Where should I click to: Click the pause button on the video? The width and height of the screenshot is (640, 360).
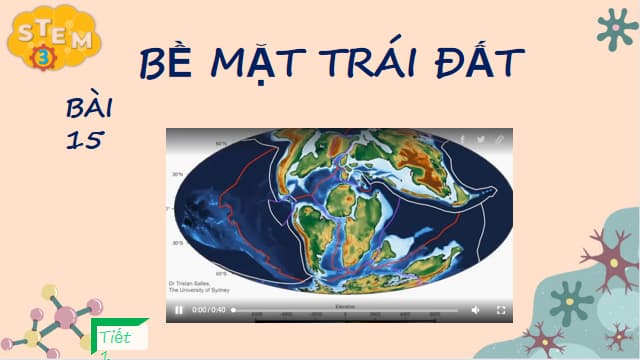pyautogui.click(x=179, y=310)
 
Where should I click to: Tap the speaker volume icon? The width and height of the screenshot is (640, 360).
pyautogui.click(x=475, y=310)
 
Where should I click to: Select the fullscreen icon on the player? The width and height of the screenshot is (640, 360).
pyautogui.click(x=501, y=310)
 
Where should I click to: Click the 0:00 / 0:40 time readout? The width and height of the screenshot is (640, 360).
pyautogui.click(x=208, y=310)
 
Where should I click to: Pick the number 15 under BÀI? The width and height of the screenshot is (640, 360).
pyautogui.click(x=84, y=140)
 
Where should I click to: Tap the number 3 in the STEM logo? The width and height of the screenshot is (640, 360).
pyautogui.click(x=44, y=57)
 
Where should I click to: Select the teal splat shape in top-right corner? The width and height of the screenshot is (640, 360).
pyautogui.click(x=615, y=28)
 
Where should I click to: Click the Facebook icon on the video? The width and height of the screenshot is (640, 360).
pyautogui.click(x=461, y=140)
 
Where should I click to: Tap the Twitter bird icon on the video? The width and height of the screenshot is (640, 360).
pyautogui.click(x=481, y=140)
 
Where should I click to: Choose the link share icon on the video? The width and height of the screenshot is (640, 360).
pyautogui.click(x=500, y=140)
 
